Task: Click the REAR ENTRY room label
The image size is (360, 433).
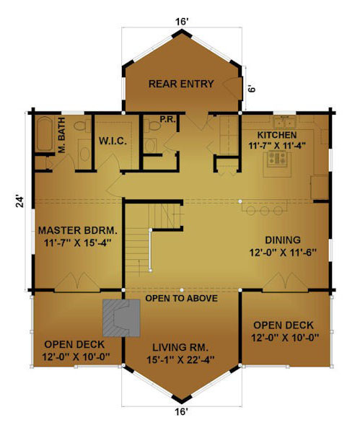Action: click(x=181, y=84)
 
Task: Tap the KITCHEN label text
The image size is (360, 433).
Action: click(x=277, y=135)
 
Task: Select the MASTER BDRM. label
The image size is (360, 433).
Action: click(x=78, y=230)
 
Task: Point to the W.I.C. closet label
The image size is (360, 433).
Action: click(x=113, y=141)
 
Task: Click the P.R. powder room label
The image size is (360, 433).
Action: click(x=167, y=119)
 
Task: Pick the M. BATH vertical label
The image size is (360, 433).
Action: click(x=62, y=135)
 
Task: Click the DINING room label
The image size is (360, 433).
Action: click(x=283, y=240)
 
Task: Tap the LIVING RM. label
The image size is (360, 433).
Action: click(x=180, y=347)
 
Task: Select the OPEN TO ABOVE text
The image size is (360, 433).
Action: click(x=181, y=298)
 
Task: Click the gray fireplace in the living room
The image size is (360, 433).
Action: click(x=121, y=318)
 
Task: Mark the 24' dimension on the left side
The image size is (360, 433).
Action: click(x=20, y=201)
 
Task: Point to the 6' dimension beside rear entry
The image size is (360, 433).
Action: click(x=252, y=89)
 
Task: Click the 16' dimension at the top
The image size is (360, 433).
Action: click(x=182, y=22)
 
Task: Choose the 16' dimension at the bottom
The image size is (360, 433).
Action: click(x=181, y=412)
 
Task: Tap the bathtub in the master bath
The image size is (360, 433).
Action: click(x=45, y=134)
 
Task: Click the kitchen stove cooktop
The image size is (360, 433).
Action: click(x=278, y=159)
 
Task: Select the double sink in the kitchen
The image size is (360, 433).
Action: click(x=285, y=123)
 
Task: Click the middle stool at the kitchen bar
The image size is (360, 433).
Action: click(x=265, y=211)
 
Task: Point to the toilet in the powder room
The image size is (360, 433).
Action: click(x=152, y=126)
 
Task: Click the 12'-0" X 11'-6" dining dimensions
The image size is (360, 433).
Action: click(x=283, y=253)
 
